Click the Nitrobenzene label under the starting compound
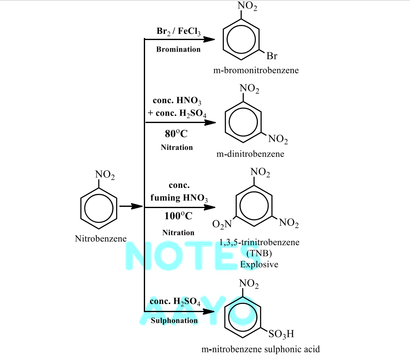[101, 239]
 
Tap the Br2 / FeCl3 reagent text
[179, 31]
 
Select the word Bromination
[178, 49]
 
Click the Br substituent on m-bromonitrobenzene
[272, 56]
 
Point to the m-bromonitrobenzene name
[256, 70]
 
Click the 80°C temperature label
[176, 133]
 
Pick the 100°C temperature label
[178, 216]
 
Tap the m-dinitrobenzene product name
[250, 154]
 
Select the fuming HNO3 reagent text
[179, 198]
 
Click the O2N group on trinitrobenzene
[222, 224]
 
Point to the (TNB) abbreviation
[259, 253]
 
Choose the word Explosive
[259, 264]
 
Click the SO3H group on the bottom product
[281, 334]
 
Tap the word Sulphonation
[174, 320]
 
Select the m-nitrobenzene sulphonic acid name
[260, 349]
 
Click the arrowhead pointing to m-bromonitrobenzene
[209, 40]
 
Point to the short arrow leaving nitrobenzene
[131, 206]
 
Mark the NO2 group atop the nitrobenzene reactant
[105, 175]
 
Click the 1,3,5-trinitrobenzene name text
[259, 242]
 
